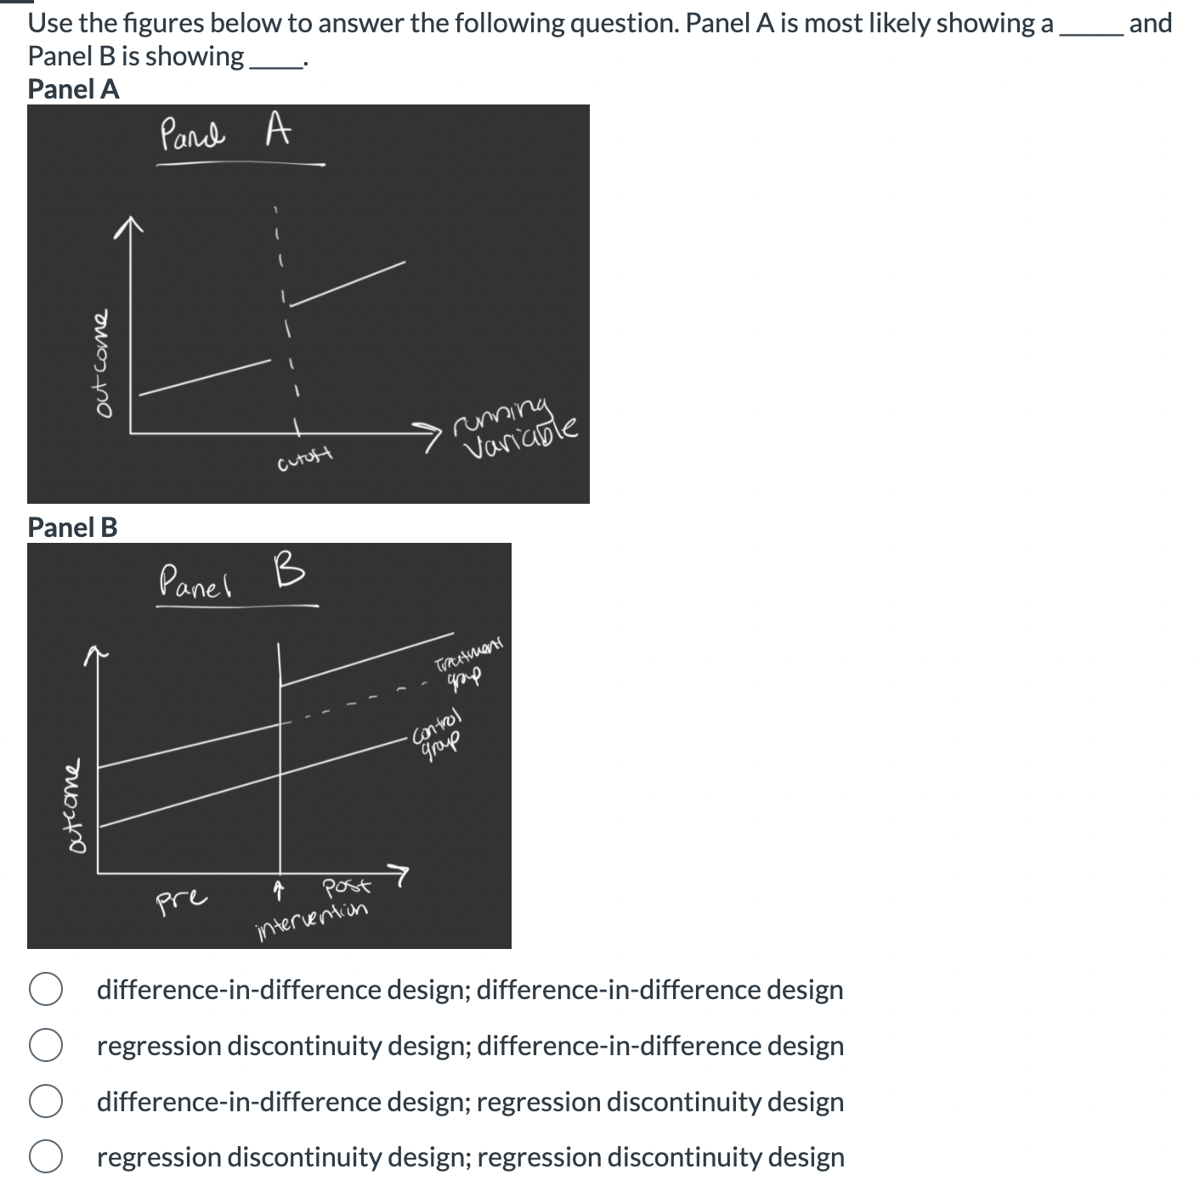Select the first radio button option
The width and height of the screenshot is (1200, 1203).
point(45,990)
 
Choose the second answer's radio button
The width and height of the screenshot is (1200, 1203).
point(45,1046)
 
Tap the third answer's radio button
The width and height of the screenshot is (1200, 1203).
point(45,1102)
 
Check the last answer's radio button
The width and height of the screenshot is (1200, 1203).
point(45,1157)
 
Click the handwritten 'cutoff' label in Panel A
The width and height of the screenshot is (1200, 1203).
point(304,460)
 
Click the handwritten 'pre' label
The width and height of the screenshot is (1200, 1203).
point(181,897)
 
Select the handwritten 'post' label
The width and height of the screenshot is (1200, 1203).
point(346,888)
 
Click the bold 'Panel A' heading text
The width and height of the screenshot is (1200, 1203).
point(73,89)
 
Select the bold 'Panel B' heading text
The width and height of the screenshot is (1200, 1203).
point(72,527)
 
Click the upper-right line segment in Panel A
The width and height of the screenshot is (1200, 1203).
point(350,281)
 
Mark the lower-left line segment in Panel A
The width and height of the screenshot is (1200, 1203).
point(204,377)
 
